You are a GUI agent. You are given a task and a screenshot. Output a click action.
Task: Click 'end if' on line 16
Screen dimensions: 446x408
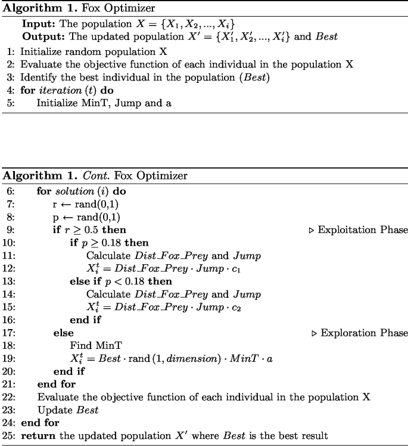coord(85,320)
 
